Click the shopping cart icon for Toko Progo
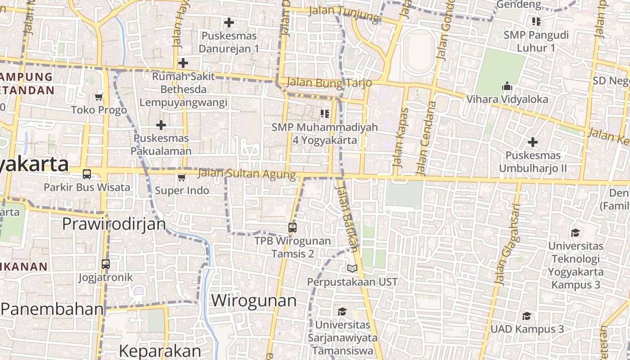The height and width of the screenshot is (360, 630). click(99, 97)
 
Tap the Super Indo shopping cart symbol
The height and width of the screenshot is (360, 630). click(181, 177)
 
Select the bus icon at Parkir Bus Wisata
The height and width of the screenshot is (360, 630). click(87, 174)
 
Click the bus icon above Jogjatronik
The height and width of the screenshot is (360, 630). click(106, 264)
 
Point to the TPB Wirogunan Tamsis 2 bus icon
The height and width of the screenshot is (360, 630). click(292, 228)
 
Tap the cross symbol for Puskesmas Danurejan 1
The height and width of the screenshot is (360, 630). click(229, 22)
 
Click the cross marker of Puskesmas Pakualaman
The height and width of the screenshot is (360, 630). click(161, 125)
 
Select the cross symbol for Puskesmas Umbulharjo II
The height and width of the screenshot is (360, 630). click(533, 143)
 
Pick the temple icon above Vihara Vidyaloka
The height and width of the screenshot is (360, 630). click(507, 86)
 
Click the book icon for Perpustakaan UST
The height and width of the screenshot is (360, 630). click(352, 269)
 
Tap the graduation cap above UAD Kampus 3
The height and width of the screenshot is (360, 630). click(526, 316)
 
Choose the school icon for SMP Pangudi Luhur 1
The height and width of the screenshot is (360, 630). click(536, 21)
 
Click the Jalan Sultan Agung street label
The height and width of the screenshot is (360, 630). click(247, 173)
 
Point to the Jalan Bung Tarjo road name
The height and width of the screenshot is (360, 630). click(329, 83)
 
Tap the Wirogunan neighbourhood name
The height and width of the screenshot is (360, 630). click(254, 300)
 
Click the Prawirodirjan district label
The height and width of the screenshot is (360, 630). click(114, 224)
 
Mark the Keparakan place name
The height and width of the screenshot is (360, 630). click(160, 351)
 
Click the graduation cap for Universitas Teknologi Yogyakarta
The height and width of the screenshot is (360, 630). click(575, 233)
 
